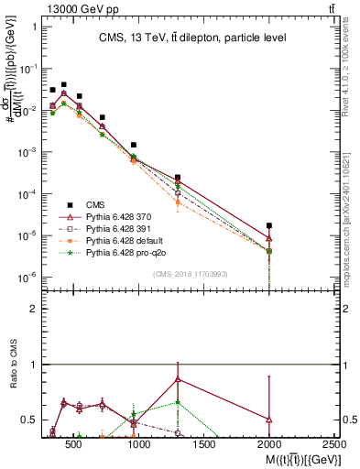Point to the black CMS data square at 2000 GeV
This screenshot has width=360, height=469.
coord(268,225)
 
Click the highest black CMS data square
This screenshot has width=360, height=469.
coord(63,84)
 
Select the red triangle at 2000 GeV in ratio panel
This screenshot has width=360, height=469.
coord(268,420)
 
